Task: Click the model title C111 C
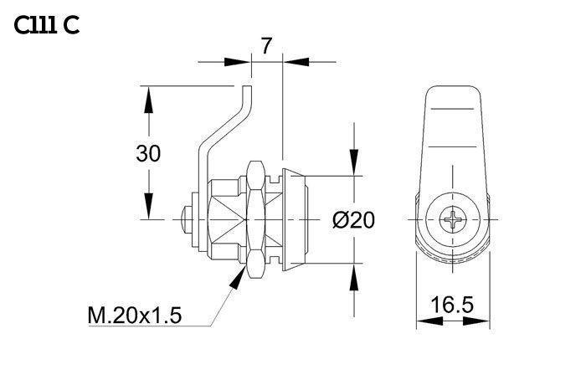pos(47,26)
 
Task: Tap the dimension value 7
pos(266,46)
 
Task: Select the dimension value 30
pos(148,154)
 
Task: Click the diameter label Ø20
pos(353,220)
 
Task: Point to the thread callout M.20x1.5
pos(135,315)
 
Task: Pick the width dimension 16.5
pos(452,305)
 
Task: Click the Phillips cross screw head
pos(453,219)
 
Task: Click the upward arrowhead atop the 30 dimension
pos(149,100)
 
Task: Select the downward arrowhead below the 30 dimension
pos(149,206)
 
